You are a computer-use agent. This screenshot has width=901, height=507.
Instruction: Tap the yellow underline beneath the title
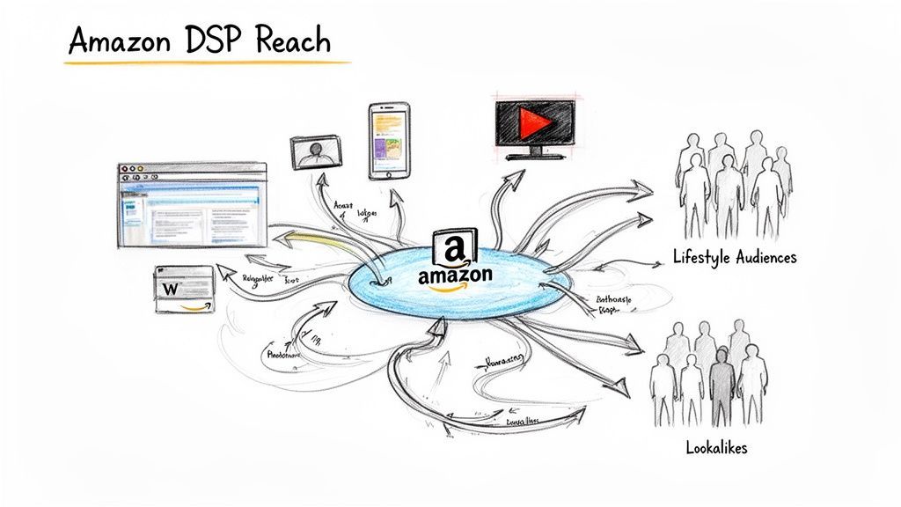tap(209, 63)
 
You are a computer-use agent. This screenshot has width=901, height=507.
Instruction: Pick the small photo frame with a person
tap(316, 152)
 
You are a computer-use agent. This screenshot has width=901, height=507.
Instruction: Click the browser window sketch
tap(192, 205)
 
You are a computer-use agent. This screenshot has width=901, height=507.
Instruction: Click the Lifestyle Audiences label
tap(734, 258)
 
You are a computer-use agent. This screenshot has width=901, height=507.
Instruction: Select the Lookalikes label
tap(716, 448)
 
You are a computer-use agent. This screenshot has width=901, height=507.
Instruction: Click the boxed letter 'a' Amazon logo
tap(455, 246)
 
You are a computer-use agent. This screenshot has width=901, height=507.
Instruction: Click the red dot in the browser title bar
tap(125, 168)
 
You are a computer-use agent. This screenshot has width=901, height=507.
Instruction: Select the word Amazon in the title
tap(122, 42)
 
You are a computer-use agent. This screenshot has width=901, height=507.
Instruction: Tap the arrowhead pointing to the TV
tap(514, 177)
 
